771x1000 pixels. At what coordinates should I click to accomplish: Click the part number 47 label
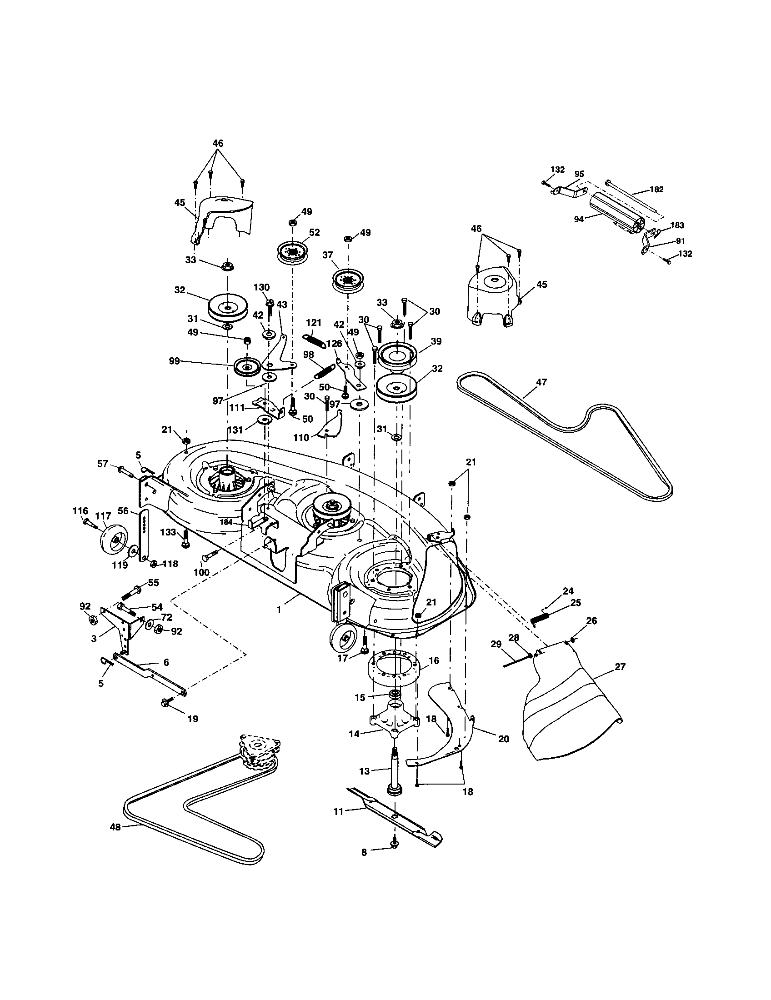[541, 382]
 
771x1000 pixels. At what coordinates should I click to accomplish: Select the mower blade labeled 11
[394, 818]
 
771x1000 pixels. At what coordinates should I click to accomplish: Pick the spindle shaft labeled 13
[395, 771]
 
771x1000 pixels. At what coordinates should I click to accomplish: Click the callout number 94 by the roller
[579, 220]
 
